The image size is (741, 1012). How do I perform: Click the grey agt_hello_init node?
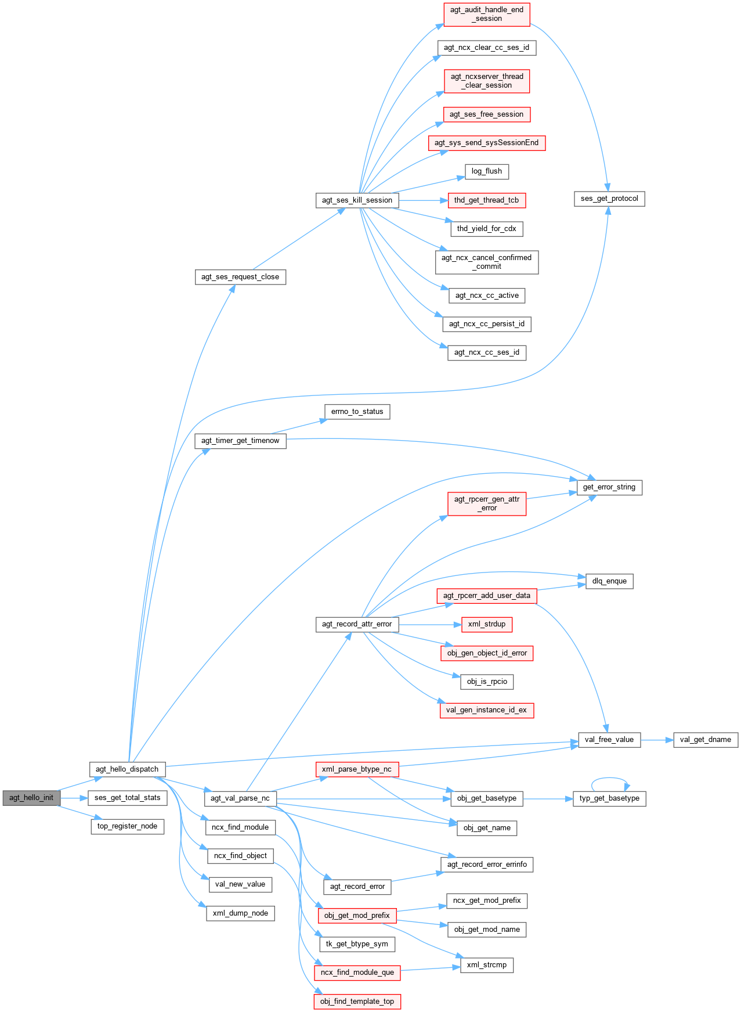(x=31, y=798)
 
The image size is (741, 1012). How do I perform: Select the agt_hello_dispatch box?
(x=127, y=769)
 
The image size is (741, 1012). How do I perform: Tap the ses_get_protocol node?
(x=609, y=199)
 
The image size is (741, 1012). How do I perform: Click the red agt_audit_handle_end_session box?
(x=487, y=14)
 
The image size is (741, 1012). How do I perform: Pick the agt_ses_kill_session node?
(x=357, y=200)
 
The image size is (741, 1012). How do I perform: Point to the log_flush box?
(x=487, y=171)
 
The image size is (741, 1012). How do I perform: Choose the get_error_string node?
(x=609, y=487)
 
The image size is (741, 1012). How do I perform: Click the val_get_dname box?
(x=706, y=740)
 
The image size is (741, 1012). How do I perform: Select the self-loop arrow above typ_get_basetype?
(x=610, y=779)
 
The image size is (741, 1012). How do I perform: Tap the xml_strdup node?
(x=487, y=624)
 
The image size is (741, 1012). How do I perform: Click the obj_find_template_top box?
(x=357, y=1002)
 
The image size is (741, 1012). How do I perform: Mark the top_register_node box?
(x=127, y=826)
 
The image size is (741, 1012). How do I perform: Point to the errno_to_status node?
(x=357, y=412)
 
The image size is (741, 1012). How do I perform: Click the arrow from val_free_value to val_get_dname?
(x=657, y=740)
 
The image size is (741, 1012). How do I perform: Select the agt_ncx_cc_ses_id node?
(x=487, y=352)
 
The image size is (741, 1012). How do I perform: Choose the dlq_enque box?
(x=609, y=581)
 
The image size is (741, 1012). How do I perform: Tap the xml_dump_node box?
(x=240, y=913)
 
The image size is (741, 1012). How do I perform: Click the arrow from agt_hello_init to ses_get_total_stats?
(x=74, y=798)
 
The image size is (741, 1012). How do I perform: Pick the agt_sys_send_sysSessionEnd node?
(x=487, y=143)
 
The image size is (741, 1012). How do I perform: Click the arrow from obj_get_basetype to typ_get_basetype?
(x=548, y=799)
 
